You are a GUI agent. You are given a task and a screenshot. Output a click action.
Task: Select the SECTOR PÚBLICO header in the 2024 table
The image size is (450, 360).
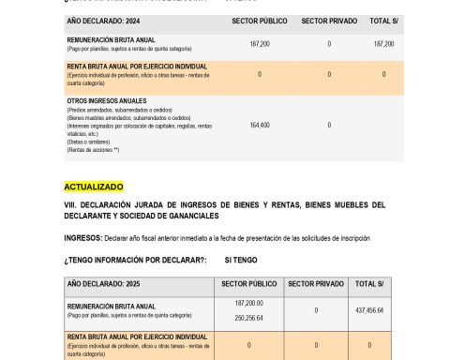click(248, 20)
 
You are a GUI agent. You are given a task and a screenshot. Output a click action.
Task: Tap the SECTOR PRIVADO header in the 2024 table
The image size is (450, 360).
click(329, 20)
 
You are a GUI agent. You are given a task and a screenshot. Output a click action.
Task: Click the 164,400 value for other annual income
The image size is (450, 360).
click(259, 125)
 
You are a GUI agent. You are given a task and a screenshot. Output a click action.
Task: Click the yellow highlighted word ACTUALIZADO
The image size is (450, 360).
click(93, 187)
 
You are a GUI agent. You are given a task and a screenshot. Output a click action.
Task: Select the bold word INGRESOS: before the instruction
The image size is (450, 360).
click(82, 237)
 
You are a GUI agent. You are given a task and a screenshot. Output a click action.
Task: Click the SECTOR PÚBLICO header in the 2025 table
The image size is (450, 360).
click(248, 282)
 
